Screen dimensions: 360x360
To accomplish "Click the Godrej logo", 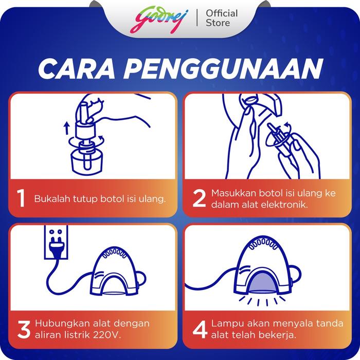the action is tap(159, 20).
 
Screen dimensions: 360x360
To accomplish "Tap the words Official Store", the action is tap(222, 18).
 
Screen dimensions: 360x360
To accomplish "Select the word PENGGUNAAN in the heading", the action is tap(224, 69).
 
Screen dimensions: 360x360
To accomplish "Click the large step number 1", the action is tap(21, 199).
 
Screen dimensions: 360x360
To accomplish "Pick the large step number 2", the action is tap(199, 199).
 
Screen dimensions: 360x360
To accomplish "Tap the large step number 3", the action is tap(24, 330).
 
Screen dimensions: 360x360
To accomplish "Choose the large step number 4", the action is tap(200, 330).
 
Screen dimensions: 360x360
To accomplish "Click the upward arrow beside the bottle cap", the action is tap(66, 128).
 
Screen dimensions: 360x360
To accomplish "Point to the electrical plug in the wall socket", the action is tap(56, 246).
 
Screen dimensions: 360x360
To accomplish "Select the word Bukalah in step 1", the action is tap(52, 199).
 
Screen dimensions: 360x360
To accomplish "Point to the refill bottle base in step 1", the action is tap(87, 163).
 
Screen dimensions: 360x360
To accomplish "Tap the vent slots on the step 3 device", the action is tap(114, 253).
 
